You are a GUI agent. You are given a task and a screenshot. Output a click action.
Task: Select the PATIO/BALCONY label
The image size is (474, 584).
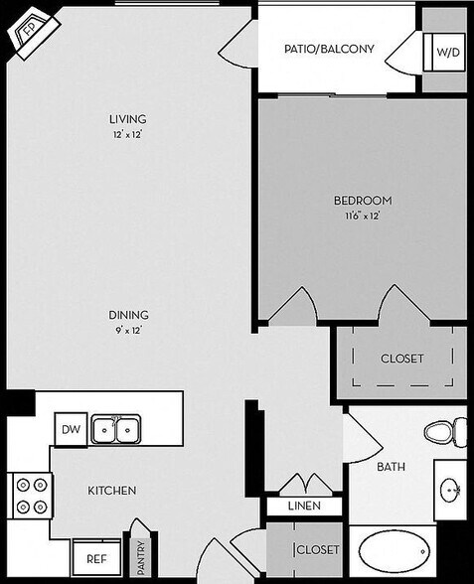coord(328,49)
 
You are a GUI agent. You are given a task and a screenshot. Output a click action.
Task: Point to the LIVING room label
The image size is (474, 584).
coord(128,121)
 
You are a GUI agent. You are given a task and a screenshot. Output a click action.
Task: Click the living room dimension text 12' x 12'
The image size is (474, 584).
coord(128,135)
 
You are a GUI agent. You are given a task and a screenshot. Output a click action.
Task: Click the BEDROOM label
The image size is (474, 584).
coord(362,200)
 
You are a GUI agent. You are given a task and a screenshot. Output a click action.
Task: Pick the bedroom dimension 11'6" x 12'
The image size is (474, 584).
coord(362,214)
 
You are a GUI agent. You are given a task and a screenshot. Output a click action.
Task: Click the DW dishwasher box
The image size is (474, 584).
coord(70,429)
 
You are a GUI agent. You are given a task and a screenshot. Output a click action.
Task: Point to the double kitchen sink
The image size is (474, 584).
coord(115,430)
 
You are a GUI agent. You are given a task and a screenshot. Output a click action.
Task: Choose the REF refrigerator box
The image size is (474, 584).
coord(96,558)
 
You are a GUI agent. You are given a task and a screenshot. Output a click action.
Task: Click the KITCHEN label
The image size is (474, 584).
coord(111,491)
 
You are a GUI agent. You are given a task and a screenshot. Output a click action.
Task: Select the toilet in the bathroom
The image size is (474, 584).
coord(443,432)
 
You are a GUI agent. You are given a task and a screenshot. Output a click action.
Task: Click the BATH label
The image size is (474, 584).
coord(390,466)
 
